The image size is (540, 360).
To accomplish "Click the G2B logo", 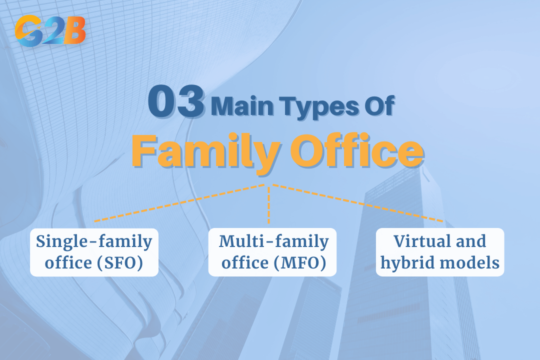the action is coord(50,31).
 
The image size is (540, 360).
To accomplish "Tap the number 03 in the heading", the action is coord(176,102).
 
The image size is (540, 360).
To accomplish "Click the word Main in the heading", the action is coord(242,106).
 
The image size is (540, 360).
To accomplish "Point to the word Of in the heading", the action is coord(380,106).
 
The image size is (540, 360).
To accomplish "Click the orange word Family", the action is coord(206,151).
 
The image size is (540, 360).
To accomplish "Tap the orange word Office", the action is coord(357,151).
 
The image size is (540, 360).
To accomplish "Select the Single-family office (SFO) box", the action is coord(94,252).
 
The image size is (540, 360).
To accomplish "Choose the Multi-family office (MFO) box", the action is coord(272,252).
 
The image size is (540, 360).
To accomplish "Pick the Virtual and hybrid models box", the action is coord(440,252).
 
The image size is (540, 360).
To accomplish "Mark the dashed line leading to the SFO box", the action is coord(179,202).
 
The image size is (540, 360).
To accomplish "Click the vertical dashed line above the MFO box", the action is coord(268,204).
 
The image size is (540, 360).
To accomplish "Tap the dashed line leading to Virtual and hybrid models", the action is coord(358,203).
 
